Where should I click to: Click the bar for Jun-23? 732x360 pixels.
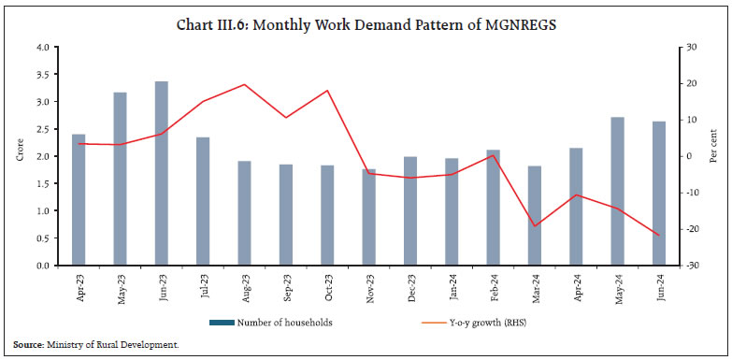(x=162, y=173)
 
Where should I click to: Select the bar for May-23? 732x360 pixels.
(x=121, y=179)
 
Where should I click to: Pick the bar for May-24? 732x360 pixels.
(x=617, y=191)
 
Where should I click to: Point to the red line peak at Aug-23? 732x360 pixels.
(x=244, y=84)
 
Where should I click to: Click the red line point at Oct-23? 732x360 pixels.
(x=327, y=91)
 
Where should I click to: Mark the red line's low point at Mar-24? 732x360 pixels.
(x=535, y=226)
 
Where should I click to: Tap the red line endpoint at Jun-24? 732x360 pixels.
(x=659, y=236)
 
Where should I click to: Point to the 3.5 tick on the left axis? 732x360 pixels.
(x=42, y=74)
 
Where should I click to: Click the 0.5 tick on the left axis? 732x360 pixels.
(x=42, y=238)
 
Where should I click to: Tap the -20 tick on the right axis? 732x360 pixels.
(x=689, y=229)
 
